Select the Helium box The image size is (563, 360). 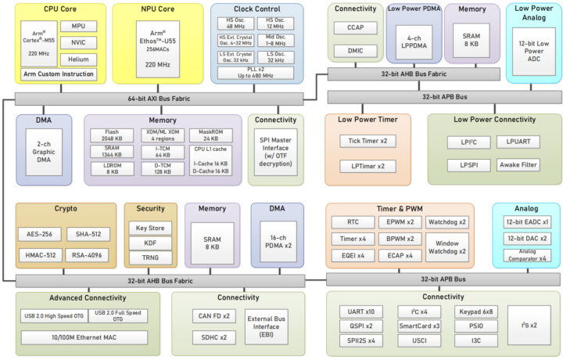(x=77, y=59)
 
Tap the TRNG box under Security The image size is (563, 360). (x=150, y=257)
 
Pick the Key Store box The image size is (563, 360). (x=150, y=228)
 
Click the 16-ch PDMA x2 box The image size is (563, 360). (x=277, y=241)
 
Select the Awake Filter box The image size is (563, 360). (x=518, y=165)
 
